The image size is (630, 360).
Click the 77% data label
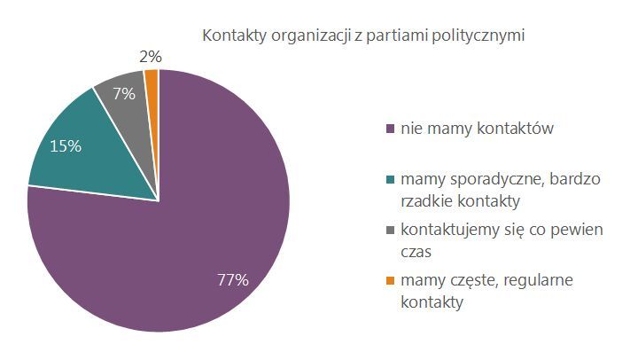coord(233,280)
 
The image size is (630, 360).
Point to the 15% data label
coord(66,146)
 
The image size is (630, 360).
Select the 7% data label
coord(123,93)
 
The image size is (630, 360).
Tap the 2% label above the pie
coord(151,57)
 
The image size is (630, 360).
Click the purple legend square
coord(392,130)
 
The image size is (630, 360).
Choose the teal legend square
coord(392,181)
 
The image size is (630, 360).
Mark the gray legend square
coord(392,231)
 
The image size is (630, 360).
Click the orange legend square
coord(392,282)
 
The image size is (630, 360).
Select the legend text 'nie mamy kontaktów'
coord(477,129)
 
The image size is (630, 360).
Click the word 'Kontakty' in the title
coord(232,36)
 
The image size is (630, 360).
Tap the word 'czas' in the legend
coord(416,252)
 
